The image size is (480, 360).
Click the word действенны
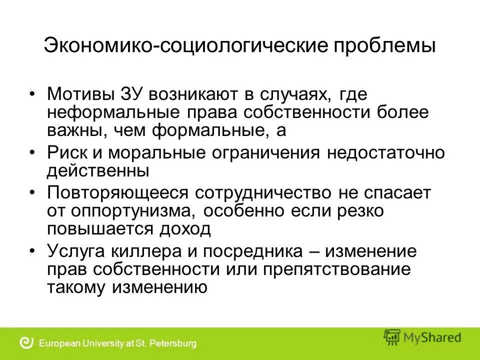98,170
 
